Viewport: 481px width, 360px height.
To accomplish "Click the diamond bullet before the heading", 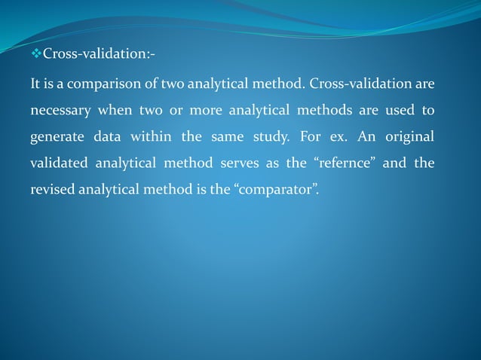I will click(x=36, y=54).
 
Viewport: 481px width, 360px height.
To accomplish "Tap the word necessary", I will click(x=60, y=111).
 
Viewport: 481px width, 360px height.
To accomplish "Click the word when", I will click(x=115, y=111).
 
